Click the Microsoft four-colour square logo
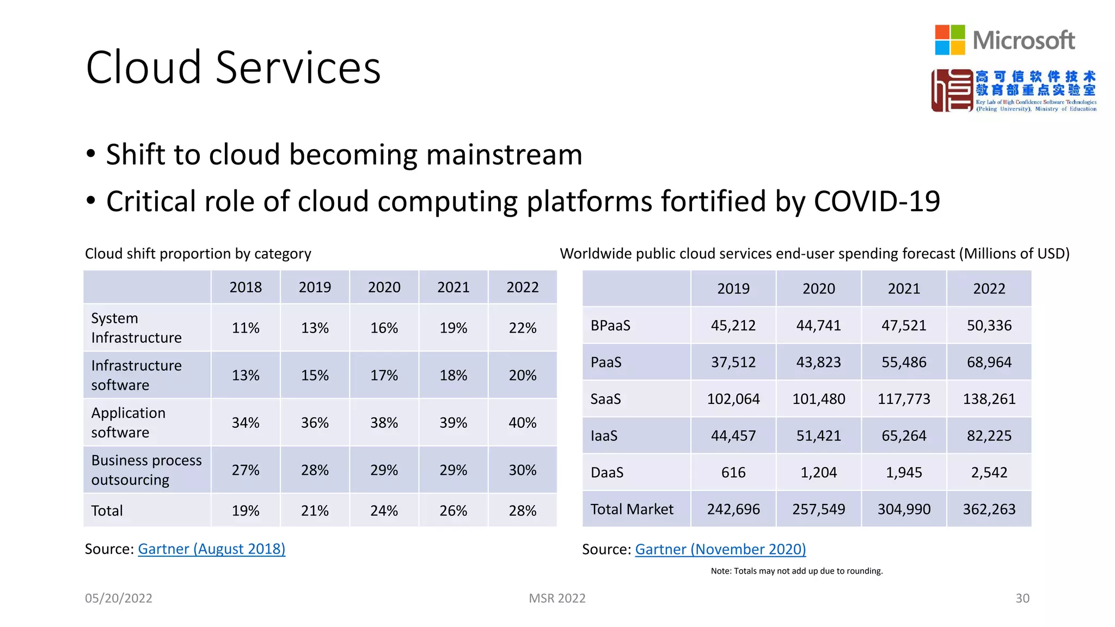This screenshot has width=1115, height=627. (x=949, y=40)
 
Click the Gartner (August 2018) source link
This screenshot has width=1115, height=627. (x=211, y=549)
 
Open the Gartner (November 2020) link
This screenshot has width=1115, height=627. (x=720, y=549)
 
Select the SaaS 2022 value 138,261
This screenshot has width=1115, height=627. (x=989, y=399)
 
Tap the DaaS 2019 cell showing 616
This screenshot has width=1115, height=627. (x=733, y=472)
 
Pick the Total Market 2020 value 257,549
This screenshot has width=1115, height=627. (x=818, y=509)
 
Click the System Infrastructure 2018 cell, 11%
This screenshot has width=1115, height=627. (x=246, y=328)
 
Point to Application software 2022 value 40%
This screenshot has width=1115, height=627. (x=522, y=423)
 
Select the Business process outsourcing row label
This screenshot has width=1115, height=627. (x=146, y=470)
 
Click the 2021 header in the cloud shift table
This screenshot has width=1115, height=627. (x=453, y=287)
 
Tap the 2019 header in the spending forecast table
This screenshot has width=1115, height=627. (x=733, y=288)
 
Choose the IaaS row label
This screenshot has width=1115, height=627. (x=604, y=436)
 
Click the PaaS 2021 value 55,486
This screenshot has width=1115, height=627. (x=904, y=362)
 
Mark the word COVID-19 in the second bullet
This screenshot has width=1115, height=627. (x=877, y=201)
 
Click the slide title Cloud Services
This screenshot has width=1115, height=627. (x=233, y=67)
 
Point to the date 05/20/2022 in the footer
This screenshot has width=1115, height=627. (x=118, y=598)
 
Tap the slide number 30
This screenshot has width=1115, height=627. (x=1022, y=598)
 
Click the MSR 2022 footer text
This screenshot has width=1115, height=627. (x=557, y=598)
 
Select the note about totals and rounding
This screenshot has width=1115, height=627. (x=797, y=571)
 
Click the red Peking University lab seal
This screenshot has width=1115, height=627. (x=951, y=90)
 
